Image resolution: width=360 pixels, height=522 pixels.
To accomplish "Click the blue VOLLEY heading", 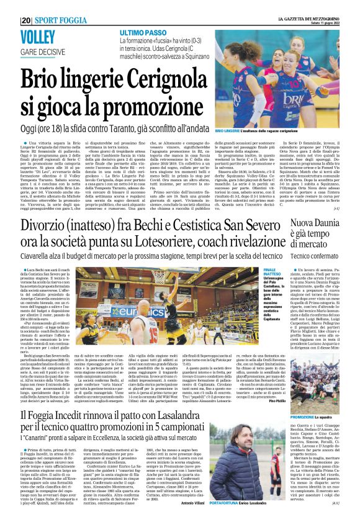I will [42, 37].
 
